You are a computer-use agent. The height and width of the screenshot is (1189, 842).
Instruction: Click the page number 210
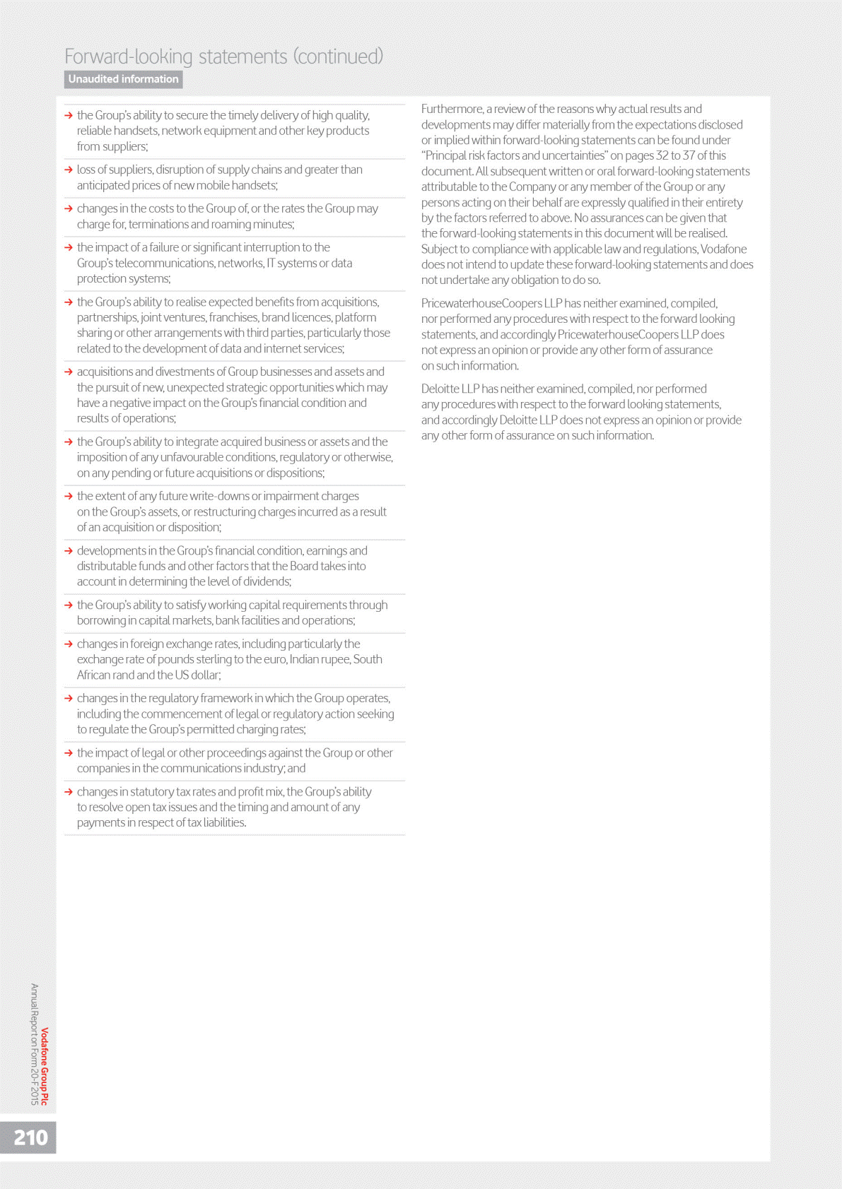point(30,1137)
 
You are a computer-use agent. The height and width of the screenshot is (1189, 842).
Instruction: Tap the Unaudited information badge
point(123,79)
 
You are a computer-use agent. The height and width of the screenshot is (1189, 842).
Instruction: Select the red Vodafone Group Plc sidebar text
point(45,1066)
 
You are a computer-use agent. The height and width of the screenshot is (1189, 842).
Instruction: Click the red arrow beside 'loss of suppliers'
point(69,170)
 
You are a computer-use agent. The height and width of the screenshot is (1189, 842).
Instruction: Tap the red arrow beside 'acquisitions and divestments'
point(69,372)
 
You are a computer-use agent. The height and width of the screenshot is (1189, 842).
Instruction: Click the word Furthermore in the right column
point(452,109)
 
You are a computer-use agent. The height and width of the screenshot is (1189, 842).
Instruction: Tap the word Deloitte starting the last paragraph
point(440,389)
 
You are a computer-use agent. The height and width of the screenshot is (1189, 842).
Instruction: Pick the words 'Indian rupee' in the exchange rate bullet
point(320,660)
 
